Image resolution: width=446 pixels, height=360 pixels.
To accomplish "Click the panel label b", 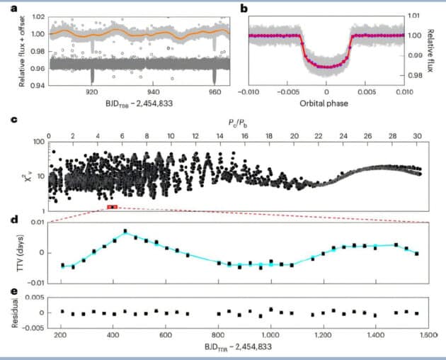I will point(243,9).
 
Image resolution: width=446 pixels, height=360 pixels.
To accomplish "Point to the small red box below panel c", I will point(112,207).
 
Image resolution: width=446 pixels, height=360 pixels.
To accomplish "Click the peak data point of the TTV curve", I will point(125,231).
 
